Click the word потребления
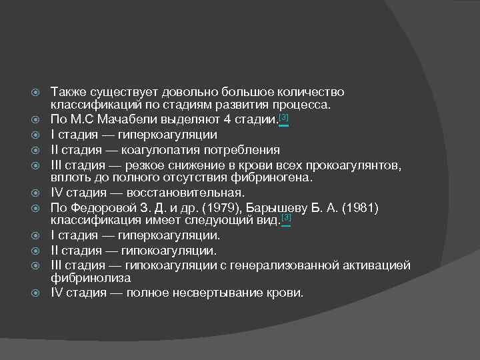point(243,149)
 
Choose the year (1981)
point(359,209)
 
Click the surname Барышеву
point(289,209)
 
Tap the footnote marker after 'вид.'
point(287,219)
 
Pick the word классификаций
point(95,105)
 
